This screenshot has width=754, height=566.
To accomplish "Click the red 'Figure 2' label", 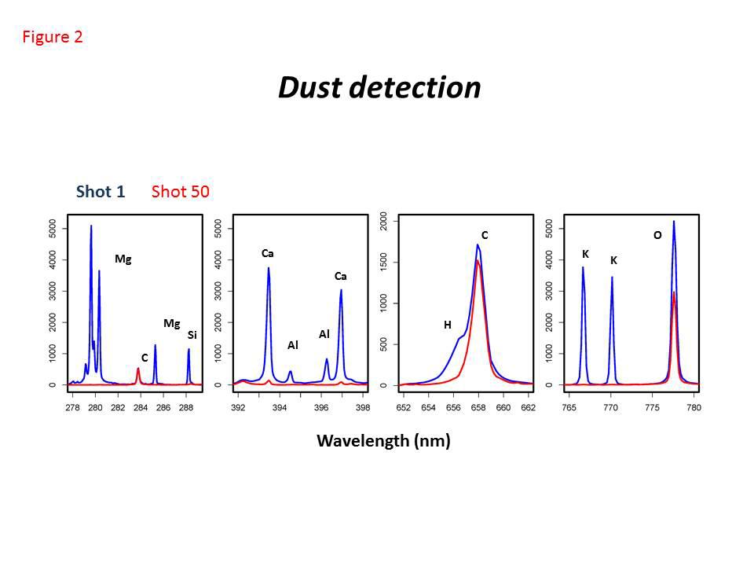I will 53,37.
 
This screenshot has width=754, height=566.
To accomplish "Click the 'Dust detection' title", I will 379,87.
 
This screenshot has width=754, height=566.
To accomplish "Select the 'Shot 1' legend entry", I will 101,192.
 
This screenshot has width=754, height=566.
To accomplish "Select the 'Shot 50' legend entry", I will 180,192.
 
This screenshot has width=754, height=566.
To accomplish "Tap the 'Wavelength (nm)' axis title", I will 383,441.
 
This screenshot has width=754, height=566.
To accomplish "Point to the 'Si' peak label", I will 192,336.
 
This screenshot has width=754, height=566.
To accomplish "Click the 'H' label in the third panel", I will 447,325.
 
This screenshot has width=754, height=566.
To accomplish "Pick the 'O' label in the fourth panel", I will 657,236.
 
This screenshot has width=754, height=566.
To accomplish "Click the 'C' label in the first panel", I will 145,358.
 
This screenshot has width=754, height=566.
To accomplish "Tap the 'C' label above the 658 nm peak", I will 485,236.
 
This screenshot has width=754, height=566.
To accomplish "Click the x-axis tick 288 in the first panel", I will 186,408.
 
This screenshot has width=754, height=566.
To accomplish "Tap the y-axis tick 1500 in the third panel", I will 383,262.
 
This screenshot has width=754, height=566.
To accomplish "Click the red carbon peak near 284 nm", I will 138,369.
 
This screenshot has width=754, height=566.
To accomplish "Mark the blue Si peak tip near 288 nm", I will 188,350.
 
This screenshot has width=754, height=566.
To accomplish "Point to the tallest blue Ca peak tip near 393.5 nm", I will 269,268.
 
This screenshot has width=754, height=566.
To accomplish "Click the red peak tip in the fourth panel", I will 674,292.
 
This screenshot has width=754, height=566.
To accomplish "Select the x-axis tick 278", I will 73,408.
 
